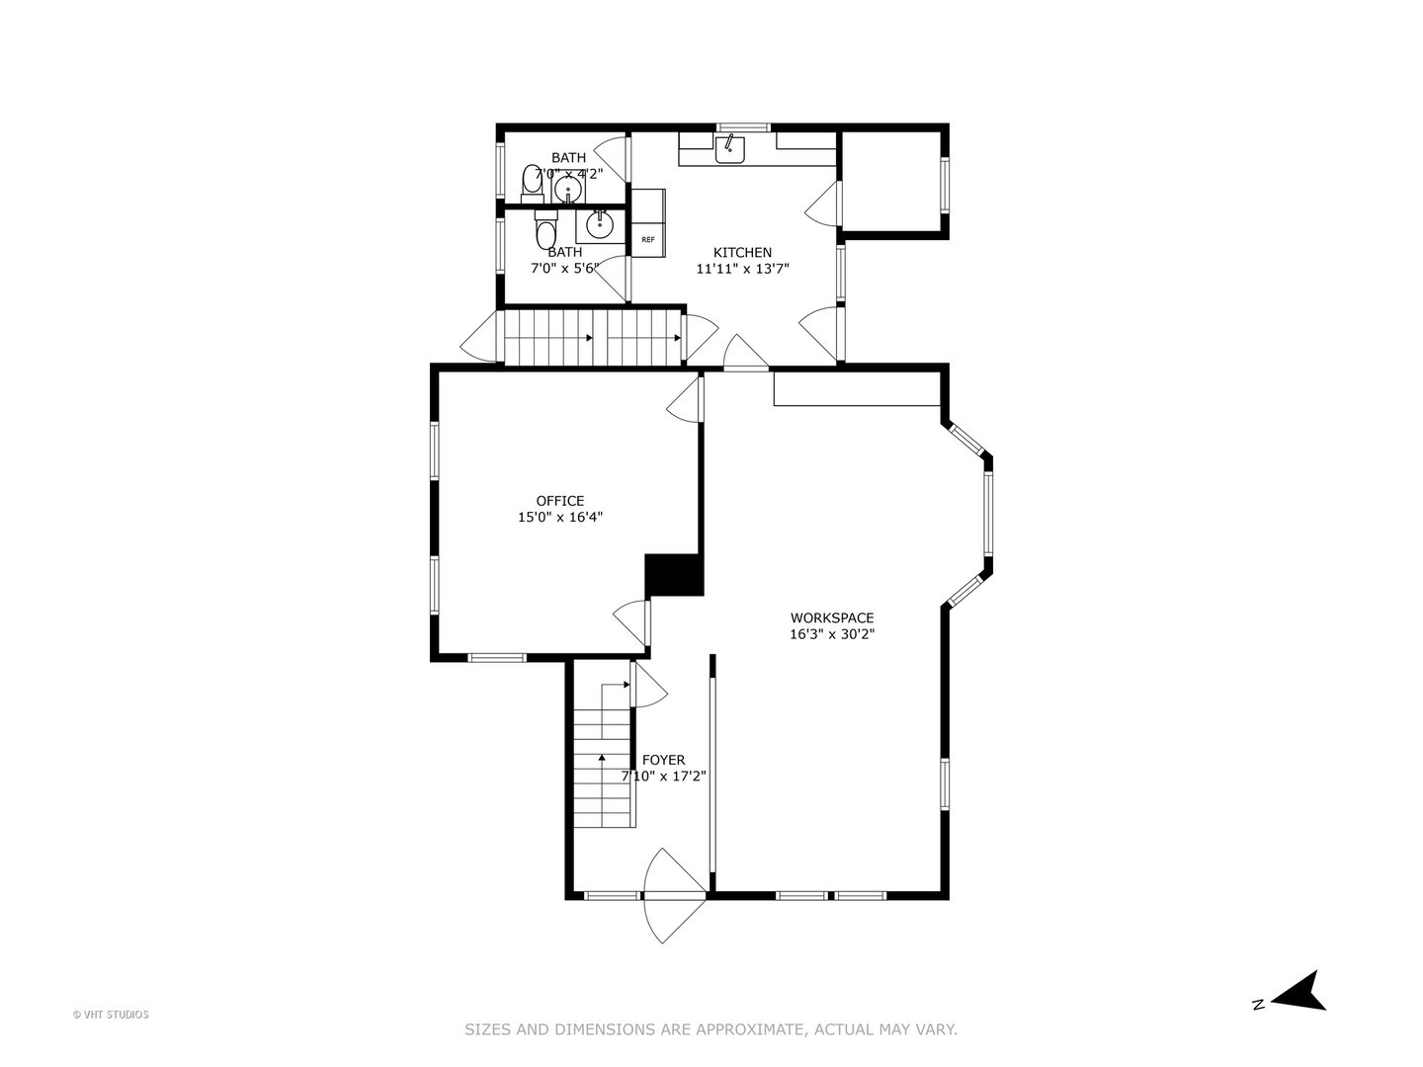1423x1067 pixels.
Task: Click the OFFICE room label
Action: tap(560, 501)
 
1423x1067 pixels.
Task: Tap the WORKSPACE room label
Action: tap(831, 618)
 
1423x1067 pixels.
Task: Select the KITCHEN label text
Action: tap(742, 253)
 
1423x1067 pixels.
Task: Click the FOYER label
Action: tap(663, 760)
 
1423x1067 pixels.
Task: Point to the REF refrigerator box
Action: tap(648, 239)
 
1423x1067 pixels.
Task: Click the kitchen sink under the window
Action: tap(730, 149)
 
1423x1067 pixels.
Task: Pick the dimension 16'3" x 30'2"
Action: tap(831, 635)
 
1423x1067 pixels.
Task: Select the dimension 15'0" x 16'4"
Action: tap(560, 517)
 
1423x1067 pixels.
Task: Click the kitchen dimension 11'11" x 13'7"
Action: tap(742, 269)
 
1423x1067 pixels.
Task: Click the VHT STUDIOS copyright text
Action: tap(111, 1015)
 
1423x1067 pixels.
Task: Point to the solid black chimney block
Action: tap(673, 575)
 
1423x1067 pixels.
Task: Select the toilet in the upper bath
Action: tap(533, 185)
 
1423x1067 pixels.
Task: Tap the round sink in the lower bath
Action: tap(599, 225)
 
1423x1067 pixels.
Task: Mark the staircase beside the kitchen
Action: tap(593, 337)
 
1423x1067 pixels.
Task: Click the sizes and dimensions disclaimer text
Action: tap(711, 1029)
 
